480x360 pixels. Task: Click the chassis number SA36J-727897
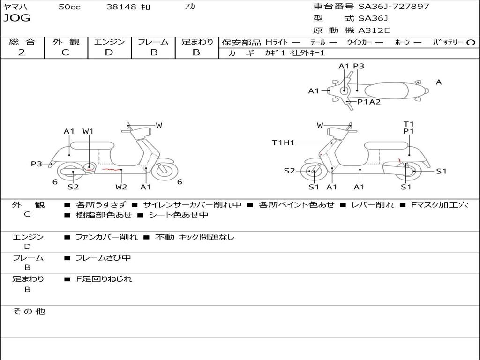[x=394, y=6]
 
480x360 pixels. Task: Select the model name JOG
[x=17, y=18]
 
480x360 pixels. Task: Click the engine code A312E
[x=374, y=30]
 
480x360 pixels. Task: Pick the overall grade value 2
[x=22, y=52]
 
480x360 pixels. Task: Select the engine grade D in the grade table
[x=109, y=52]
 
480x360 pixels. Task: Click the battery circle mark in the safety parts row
[x=471, y=43]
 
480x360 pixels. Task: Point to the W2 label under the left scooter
[x=121, y=187]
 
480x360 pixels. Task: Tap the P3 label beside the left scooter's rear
[x=37, y=164]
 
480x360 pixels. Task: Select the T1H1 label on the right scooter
[x=283, y=142]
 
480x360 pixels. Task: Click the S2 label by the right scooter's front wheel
[x=289, y=171]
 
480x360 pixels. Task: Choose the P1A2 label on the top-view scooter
[x=369, y=102]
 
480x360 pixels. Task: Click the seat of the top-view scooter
[x=386, y=91]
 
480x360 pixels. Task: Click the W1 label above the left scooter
[x=88, y=131]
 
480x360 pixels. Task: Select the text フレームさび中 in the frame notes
[x=103, y=258]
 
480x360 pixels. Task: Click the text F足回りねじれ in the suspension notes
[x=104, y=279]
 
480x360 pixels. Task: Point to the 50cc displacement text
[x=69, y=7]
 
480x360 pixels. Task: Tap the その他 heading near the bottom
[x=29, y=311]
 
